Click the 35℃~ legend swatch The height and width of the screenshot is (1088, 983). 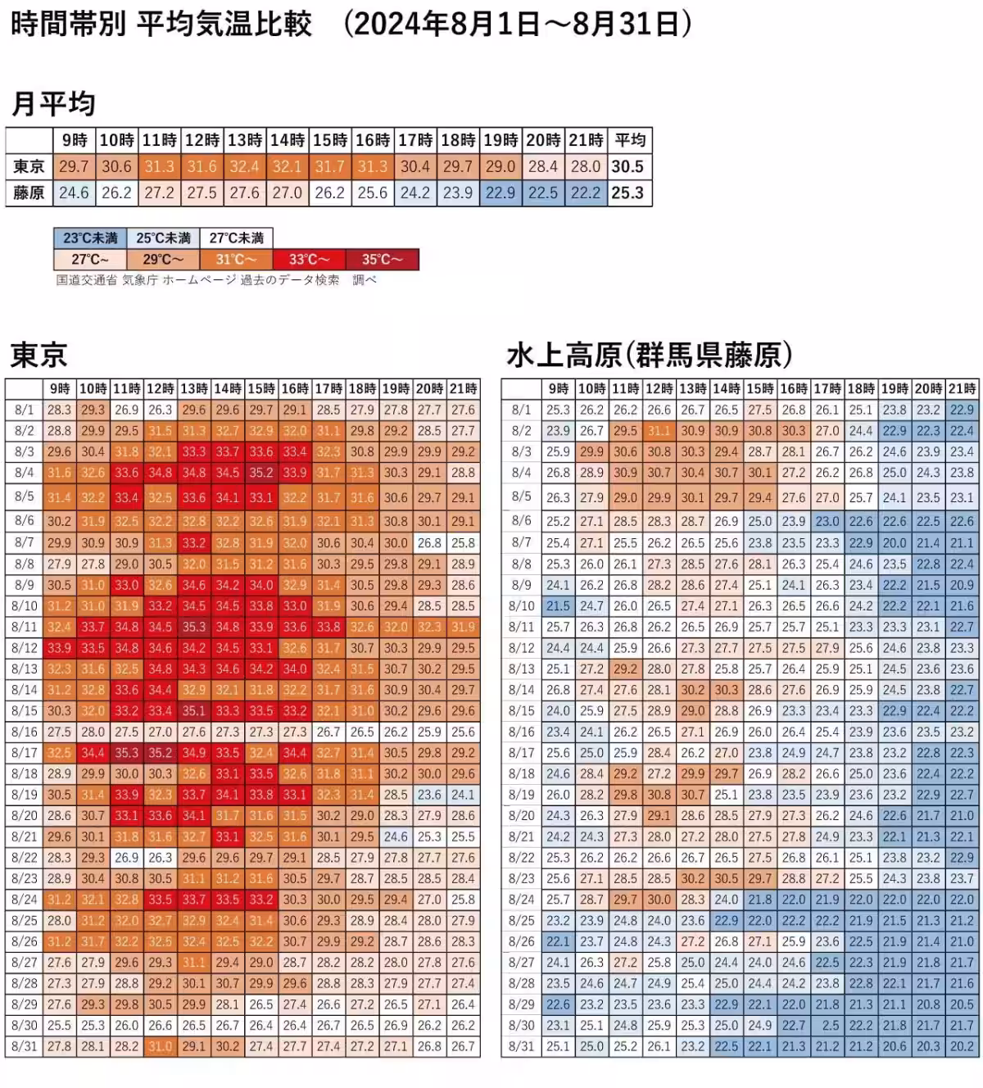382,260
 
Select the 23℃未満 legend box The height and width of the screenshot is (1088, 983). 90,238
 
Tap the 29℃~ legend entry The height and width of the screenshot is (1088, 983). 163,260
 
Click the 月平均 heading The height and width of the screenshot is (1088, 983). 53,105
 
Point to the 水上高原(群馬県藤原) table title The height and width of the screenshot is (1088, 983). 650,356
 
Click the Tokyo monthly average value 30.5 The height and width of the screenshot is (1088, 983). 627,167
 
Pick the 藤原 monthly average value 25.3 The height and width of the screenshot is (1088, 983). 627,193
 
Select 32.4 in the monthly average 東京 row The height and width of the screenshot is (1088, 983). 244,167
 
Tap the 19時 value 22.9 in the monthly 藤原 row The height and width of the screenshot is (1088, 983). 500,193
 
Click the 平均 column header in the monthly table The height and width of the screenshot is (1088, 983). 630,140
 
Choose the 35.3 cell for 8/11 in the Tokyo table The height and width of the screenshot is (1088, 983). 194,628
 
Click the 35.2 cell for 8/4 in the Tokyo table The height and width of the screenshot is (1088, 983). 261,473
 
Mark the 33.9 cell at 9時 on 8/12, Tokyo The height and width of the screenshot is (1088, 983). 59,648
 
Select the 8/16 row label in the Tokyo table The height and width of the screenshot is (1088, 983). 25,732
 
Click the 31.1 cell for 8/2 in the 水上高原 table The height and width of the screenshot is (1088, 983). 659,431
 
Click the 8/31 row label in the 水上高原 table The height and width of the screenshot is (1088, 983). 522,1046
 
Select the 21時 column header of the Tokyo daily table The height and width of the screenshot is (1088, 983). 463,388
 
